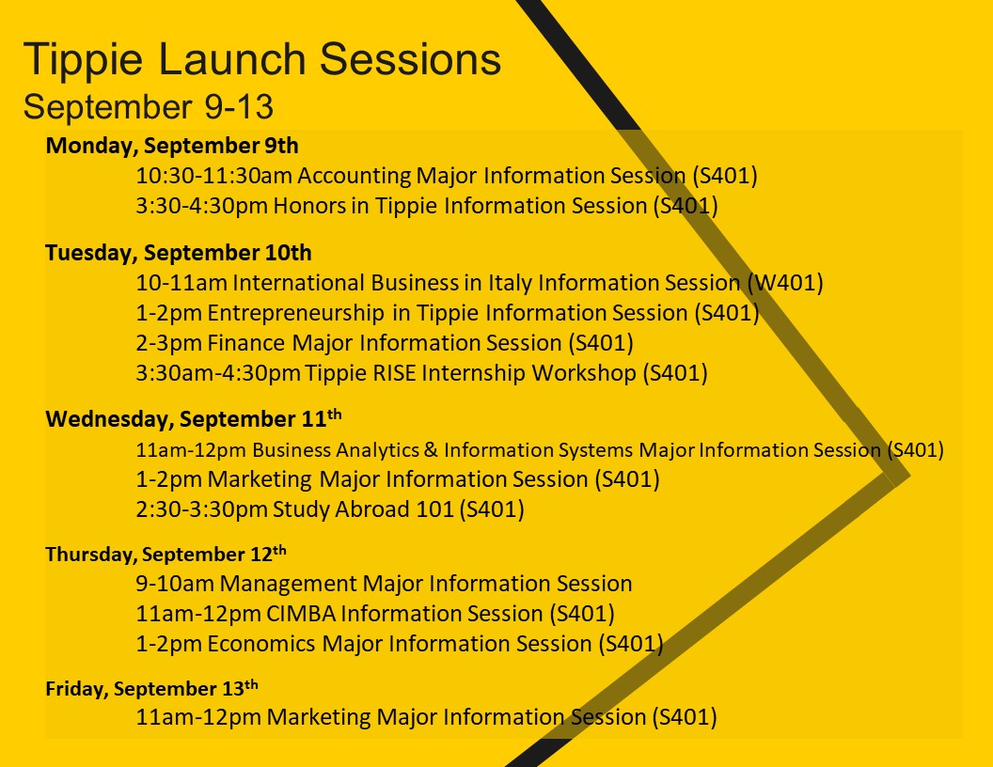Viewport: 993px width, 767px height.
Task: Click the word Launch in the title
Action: click(x=232, y=59)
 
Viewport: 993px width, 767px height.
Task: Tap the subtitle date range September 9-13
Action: click(x=149, y=106)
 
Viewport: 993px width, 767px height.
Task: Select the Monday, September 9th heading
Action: click(x=172, y=147)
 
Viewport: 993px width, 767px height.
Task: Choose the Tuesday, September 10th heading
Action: click(x=179, y=253)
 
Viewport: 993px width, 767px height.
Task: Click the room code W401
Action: click(x=784, y=283)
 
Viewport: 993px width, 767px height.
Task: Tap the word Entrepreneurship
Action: click(x=296, y=313)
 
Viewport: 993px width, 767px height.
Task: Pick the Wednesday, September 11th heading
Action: click(x=194, y=418)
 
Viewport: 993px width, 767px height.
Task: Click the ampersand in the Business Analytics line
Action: click(x=432, y=450)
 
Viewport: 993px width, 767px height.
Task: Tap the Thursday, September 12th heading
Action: click(x=165, y=554)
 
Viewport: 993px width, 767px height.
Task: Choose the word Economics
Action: click(x=261, y=644)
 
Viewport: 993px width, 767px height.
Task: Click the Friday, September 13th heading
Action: click(x=152, y=688)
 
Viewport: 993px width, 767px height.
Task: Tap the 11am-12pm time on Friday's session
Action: click(x=198, y=717)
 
